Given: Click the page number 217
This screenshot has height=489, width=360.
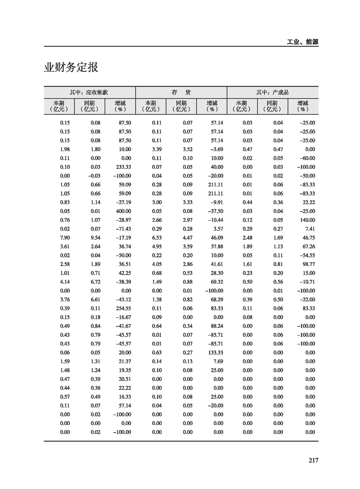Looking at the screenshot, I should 313,460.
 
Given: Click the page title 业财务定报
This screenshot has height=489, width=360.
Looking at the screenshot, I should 71,68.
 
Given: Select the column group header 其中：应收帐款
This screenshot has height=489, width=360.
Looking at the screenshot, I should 89,92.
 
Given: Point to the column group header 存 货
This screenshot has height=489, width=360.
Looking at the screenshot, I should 181,92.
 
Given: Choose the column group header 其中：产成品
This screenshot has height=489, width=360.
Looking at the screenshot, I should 272,92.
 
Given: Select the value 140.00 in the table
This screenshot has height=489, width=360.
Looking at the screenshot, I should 306,220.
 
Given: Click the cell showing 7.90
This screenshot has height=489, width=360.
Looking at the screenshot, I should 65,237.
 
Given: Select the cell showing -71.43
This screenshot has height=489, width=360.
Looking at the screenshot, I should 123,229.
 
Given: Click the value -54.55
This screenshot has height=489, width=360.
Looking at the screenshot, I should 307,255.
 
